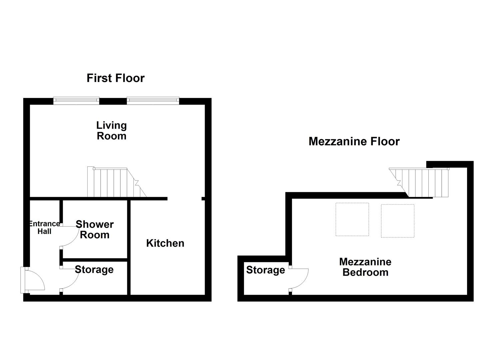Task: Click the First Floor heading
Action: coord(115,78)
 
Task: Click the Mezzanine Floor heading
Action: coord(354,141)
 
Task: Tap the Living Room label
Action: coord(111,131)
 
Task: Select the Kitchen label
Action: coord(165,243)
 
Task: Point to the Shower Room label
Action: coord(94,229)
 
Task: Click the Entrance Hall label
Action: coord(44,228)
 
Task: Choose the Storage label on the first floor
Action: coord(94,270)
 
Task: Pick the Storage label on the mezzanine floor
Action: coord(265,270)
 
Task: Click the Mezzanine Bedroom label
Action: coord(365,267)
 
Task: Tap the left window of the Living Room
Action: coord(76,100)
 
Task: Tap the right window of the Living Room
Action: coord(153,100)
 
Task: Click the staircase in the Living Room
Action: coord(115,183)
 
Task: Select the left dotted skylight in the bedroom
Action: coord(352,219)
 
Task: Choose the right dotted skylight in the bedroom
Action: coord(397,221)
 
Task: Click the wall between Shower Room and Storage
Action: coord(95,260)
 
